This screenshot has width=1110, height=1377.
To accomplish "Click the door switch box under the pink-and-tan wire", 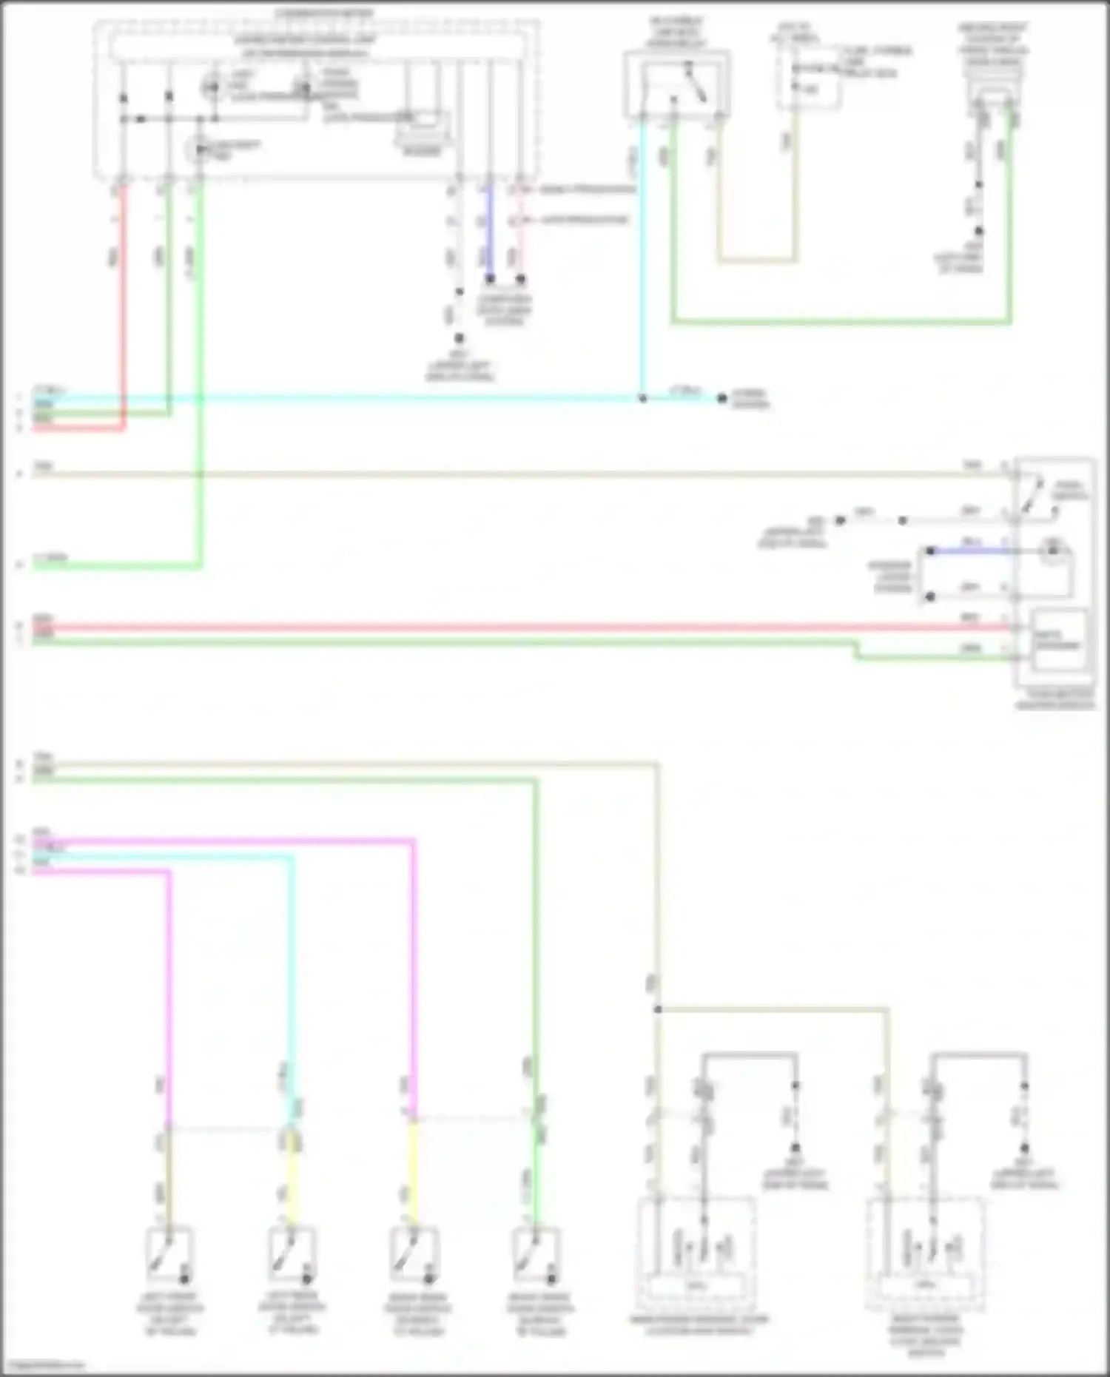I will pyautogui.click(x=169, y=1255).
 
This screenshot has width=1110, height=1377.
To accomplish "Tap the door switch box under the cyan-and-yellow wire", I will pyautogui.click(x=292, y=1255).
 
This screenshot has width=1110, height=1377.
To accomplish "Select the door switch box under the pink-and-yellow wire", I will pyautogui.click(x=414, y=1255).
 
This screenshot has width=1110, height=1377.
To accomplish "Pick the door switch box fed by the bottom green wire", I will pyautogui.click(x=536, y=1255).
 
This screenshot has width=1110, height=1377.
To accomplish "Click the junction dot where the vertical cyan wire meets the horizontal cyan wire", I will pyautogui.click(x=642, y=399).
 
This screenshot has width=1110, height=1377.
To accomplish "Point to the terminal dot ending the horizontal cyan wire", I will pyautogui.click(x=722, y=399).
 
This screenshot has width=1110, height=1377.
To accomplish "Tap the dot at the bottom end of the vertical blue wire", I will pyautogui.click(x=490, y=280).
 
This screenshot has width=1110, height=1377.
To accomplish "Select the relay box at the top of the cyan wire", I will pyautogui.click(x=676, y=83).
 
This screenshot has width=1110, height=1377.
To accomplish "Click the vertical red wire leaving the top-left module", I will pyautogui.click(x=123, y=303).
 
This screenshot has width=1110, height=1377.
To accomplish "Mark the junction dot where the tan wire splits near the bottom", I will pyautogui.click(x=657, y=1009).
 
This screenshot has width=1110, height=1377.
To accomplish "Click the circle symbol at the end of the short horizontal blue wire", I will pyautogui.click(x=1051, y=551).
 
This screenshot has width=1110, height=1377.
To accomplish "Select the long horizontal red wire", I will pyautogui.click(x=518, y=628).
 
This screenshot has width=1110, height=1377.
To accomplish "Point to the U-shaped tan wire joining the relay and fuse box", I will pyautogui.click(x=756, y=260).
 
